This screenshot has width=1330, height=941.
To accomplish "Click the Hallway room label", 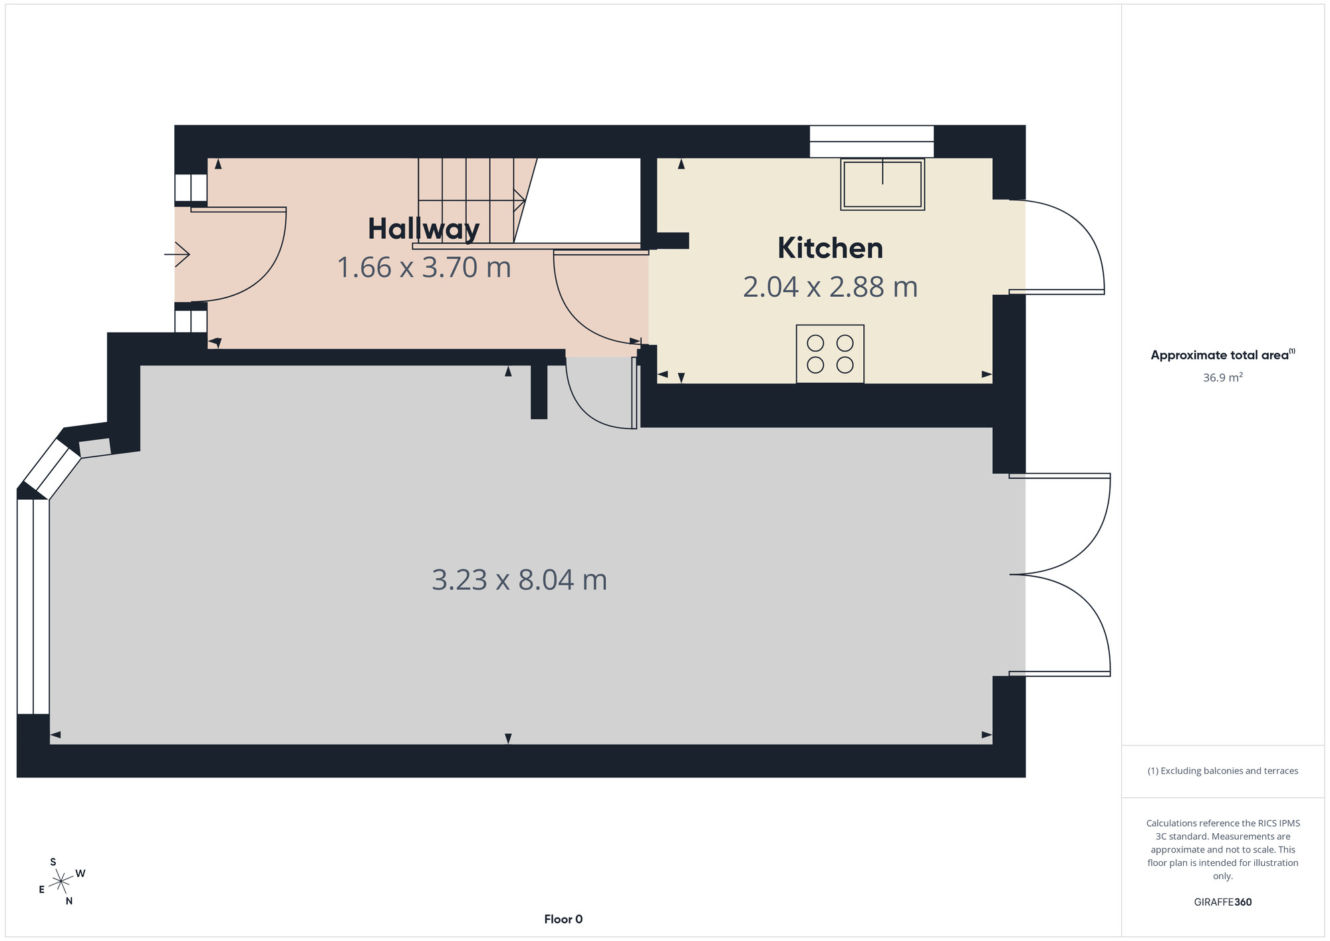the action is tap(424, 230).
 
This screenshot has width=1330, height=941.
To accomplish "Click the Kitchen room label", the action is tap(830, 248).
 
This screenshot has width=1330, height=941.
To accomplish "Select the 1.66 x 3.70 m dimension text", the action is tap(424, 268).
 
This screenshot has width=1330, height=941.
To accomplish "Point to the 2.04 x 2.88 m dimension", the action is tap(830, 287).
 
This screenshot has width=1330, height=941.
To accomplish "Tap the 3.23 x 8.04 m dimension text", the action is tap(519, 580).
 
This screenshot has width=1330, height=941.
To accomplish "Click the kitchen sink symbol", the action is tap(882, 184).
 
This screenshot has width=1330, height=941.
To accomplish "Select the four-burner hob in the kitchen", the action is tap(830, 354).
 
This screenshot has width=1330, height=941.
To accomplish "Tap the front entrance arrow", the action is tap(178, 254).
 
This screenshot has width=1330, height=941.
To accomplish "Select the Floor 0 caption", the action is tap(563, 919).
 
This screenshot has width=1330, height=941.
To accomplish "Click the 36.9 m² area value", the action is tap(1223, 377).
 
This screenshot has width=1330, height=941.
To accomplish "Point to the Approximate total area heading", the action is tap(1223, 355).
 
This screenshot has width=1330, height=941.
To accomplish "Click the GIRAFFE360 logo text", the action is tap(1223, 902).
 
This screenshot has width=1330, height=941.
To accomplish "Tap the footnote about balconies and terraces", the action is tap(1223, 771).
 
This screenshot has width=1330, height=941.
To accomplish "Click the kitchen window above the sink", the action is tap(871, 141).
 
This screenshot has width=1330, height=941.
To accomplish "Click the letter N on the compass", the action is tap(69, 901).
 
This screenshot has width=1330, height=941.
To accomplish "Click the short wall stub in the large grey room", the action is tap(539, 392).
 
